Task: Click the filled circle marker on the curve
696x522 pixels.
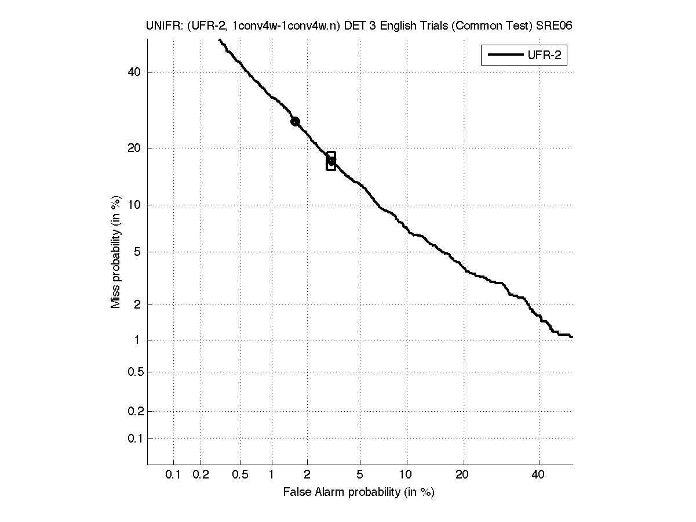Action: pyautogui.click(x=295, y=121)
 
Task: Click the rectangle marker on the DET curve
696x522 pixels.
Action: pyautogui.click(x=331, y=161)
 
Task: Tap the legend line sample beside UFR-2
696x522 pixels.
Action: pyautogui.click(x=504, y=56)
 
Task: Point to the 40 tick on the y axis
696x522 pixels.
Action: pyautogui.click(x=135, y=72)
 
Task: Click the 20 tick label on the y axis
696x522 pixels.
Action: pyautogui.click(x=135, y=148)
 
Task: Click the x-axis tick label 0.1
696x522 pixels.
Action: pyautogui.click(x=173, y=475)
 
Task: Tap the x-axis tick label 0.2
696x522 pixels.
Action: pyautogui.click(x=201, y=475)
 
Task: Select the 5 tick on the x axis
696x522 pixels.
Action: pyautogui.click(x=360, y=475)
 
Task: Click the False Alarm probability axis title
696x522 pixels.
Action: pyautogui.click(x=359, y=492)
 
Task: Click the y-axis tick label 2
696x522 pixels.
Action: pyautogui.click(x=138, y=304)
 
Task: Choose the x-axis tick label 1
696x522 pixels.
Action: pyautogui.click(x=272, y=475)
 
